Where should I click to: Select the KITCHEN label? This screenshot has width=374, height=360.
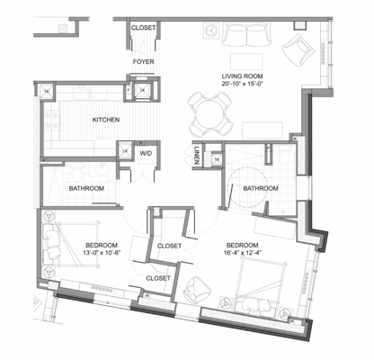point(106,120)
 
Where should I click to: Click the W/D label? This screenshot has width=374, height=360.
point(144,154)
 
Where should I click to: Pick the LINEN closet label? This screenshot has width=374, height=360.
point(197,155)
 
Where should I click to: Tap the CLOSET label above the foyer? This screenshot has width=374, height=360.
point(144,28)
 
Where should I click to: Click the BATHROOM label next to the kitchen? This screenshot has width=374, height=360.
point(86,188)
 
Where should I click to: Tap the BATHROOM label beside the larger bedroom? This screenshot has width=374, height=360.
point(259,188)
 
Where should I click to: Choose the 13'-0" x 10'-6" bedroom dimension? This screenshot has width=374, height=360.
point(102,254)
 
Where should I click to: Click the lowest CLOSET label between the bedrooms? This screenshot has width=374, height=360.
point(158,278)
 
